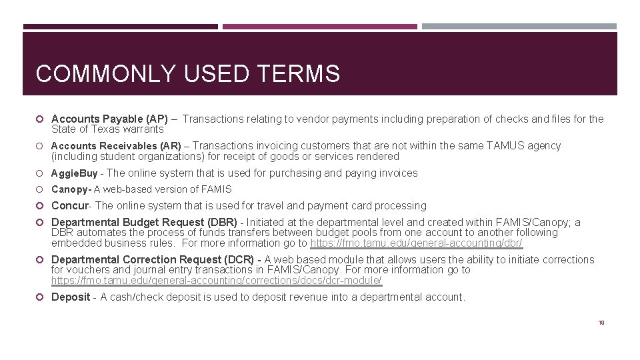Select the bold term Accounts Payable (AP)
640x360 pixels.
click(109, 119)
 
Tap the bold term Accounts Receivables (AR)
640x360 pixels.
click(116, 146)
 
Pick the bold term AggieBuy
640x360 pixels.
click(74, 173)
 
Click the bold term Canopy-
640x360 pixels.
click(71, 189)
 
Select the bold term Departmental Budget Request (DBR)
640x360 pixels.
click(144, 223)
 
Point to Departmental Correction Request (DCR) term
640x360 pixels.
click(153, 260)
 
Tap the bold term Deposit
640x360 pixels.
click(71, 297)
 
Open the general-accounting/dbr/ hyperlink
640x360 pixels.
click(417, 243)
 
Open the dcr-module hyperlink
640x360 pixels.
click(217, 281)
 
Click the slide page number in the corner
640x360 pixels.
click(601, 323)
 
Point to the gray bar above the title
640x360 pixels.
click(519, 27)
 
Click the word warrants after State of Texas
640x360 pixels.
click(145, 129)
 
